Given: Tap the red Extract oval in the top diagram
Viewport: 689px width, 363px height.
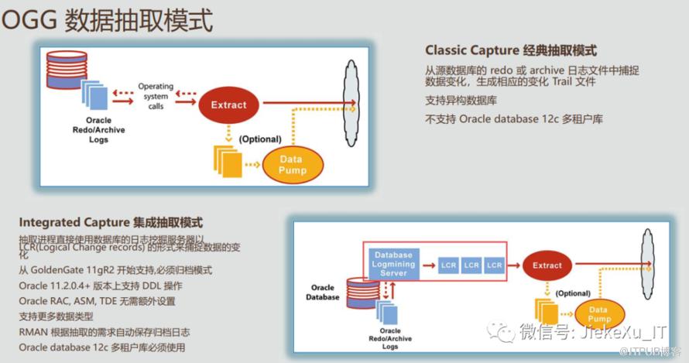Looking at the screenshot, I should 229,105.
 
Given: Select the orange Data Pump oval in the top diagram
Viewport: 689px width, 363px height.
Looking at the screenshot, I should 293,165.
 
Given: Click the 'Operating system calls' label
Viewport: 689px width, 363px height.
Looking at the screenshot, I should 156,96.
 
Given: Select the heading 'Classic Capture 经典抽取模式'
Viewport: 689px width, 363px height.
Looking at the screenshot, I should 511,50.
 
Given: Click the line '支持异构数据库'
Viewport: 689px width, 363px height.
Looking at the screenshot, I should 461,101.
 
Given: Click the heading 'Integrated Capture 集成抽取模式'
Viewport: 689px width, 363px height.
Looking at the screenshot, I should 111,223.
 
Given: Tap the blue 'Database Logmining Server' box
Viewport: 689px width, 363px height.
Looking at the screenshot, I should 393,264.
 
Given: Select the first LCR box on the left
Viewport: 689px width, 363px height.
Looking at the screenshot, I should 448,265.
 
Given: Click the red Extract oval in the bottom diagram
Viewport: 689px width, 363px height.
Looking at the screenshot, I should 547,265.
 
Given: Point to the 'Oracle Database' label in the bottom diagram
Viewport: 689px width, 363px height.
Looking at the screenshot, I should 322,292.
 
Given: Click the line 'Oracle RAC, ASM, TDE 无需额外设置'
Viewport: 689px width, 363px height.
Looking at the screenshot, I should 98,301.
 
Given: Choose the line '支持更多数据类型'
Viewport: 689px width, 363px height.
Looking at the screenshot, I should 56,317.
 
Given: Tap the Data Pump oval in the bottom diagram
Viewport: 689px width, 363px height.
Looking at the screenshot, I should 599,314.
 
